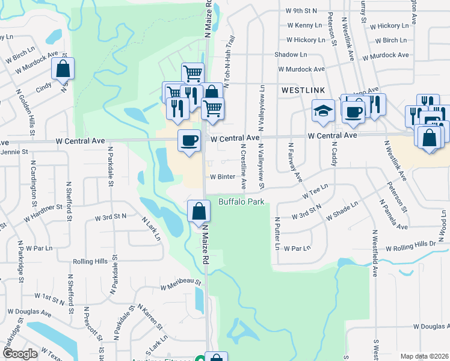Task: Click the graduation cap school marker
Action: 323,111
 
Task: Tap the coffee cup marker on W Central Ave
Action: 190,141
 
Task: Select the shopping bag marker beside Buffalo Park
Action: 199,212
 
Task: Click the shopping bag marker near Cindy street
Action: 63,69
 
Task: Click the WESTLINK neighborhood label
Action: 303,90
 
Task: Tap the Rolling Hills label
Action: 90,262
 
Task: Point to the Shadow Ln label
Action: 291,55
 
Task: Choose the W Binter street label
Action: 222,177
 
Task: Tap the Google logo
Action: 20,354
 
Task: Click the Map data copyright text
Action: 424,356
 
